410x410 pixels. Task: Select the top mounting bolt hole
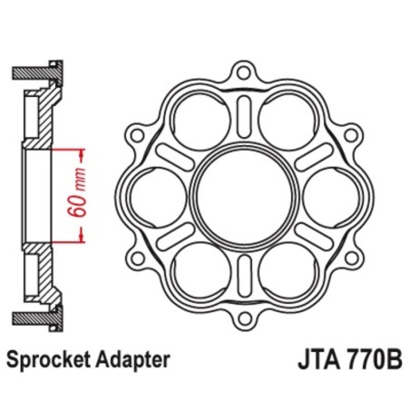(x=241, y=74)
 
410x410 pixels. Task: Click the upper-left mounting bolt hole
(x=138, y=134)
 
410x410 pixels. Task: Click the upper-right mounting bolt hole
(x=345, y=134)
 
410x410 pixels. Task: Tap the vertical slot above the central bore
(x=241, y=116)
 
